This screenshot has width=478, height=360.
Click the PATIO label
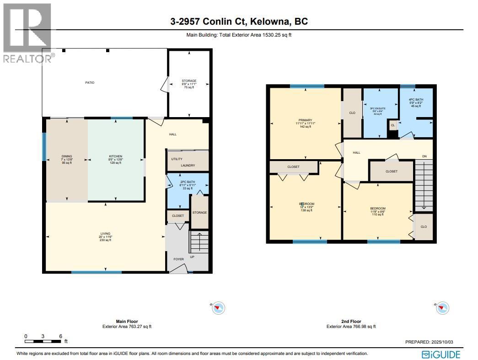(x=89, y=83)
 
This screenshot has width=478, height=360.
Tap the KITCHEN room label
(x=115, y=156)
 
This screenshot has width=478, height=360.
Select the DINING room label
(x=67, y=156)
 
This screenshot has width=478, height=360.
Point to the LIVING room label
(x=106, y=233)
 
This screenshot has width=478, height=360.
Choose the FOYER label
(x=178, y=259)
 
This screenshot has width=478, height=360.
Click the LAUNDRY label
(x=188, y=166)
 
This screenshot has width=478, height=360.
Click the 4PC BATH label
(x=416, y=100)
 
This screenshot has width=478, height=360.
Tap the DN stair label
(x=424, y=156)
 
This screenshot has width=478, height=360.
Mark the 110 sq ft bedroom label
(x=377, y=208)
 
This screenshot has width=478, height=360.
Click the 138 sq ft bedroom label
(x=306, y=204)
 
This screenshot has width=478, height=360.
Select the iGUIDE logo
(x=440, y=354)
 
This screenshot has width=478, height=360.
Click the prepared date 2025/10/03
(x=432, y=342)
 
